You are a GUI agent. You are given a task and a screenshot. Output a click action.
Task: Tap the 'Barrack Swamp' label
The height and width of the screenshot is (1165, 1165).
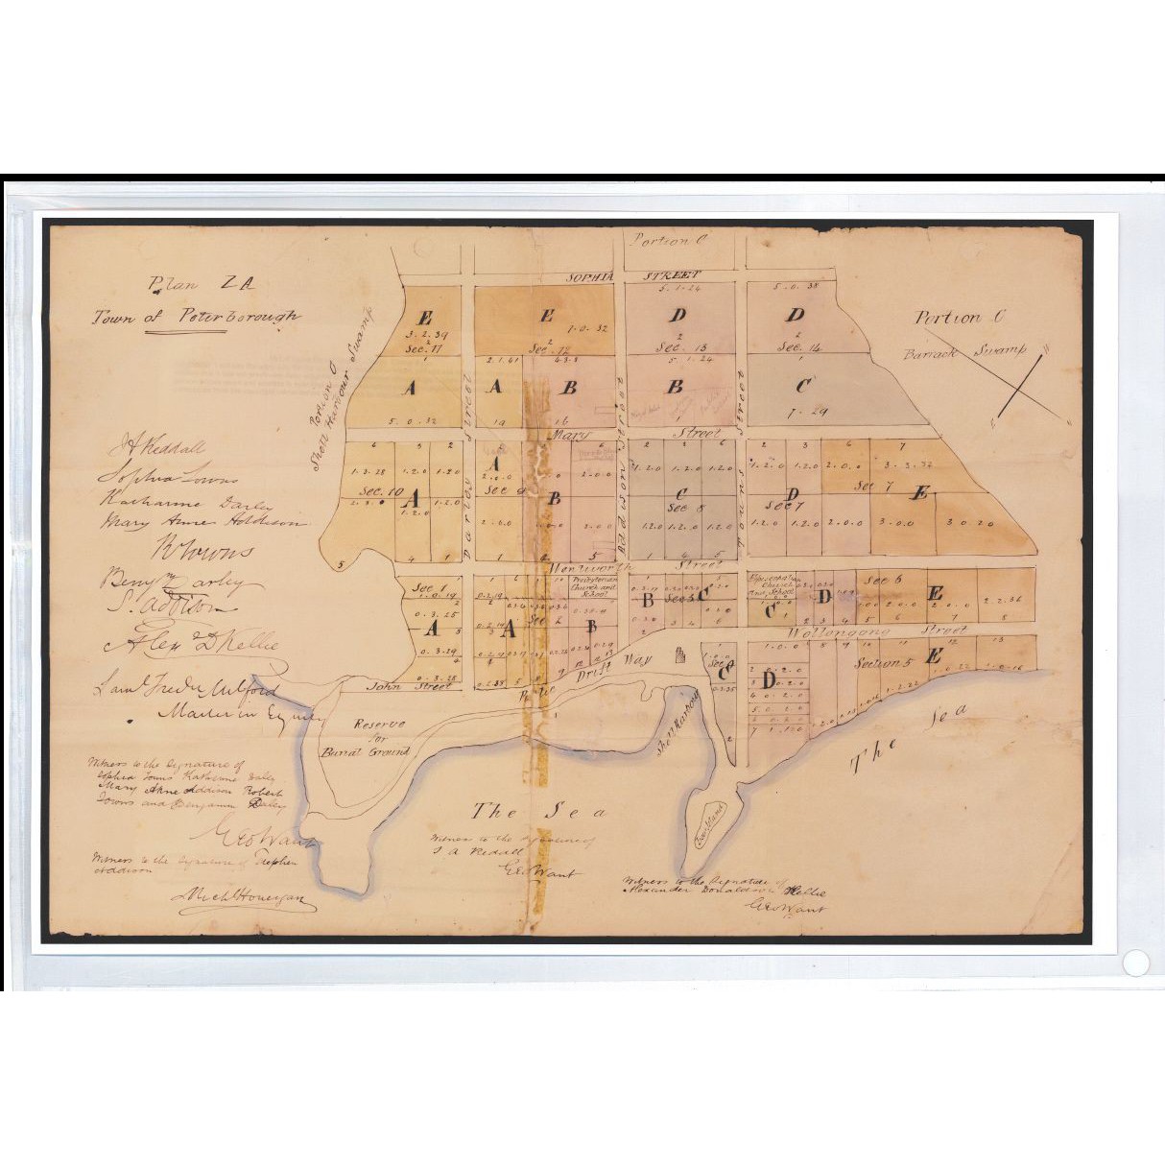point(965,353)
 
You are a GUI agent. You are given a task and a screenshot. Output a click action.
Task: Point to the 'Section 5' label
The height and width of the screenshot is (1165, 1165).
point(879,663)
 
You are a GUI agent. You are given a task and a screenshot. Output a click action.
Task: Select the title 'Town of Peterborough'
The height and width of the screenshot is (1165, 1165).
point(196,318)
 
